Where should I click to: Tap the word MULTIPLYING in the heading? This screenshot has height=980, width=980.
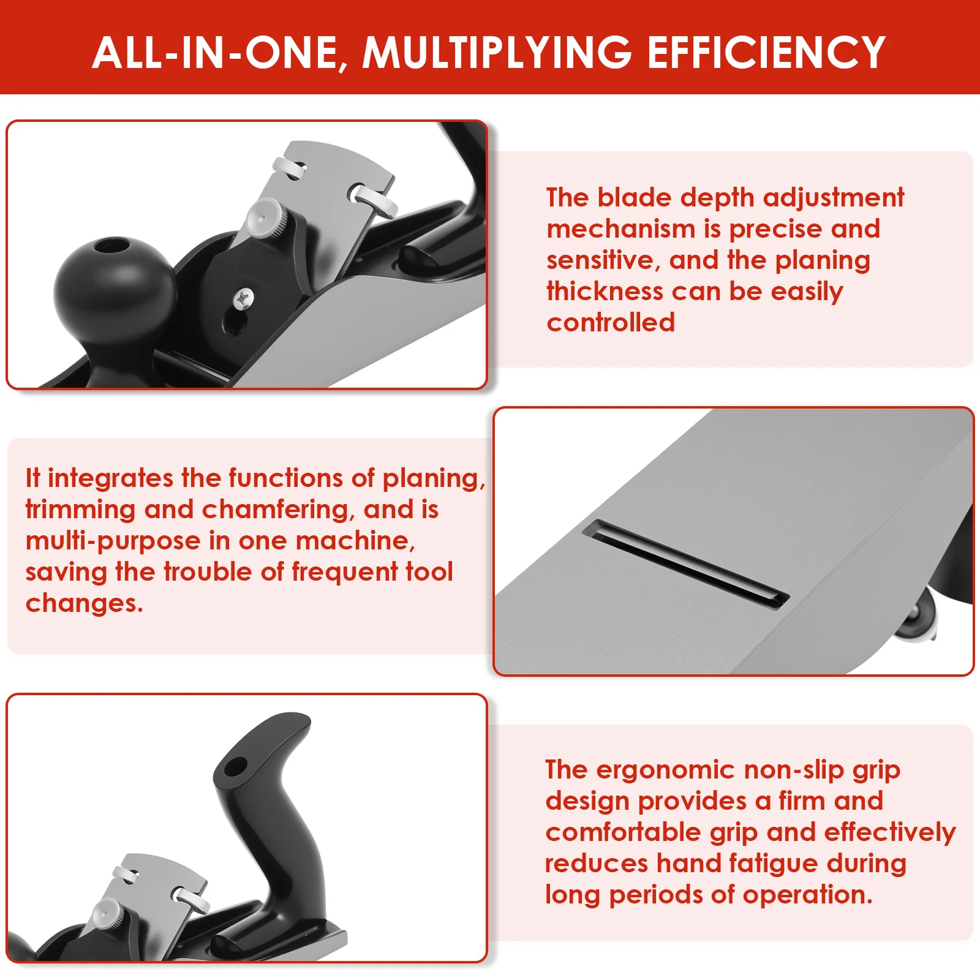point(497,53)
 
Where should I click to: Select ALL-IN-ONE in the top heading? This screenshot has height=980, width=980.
point(216,53)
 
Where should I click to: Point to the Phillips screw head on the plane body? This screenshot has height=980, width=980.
point(244,298)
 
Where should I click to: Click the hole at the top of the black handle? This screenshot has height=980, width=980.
point(236,766)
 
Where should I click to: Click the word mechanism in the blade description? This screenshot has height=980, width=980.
point(620,229)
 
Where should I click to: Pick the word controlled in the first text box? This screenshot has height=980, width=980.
point(611,323)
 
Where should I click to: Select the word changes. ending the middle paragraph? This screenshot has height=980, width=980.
point(84,603)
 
